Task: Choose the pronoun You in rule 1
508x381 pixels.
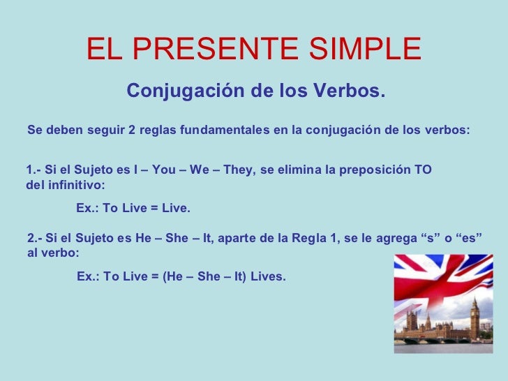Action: tap(163, 170)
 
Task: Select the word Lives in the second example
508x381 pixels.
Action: tap(267, 277)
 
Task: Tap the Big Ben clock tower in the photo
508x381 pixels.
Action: tap(475, 317)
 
